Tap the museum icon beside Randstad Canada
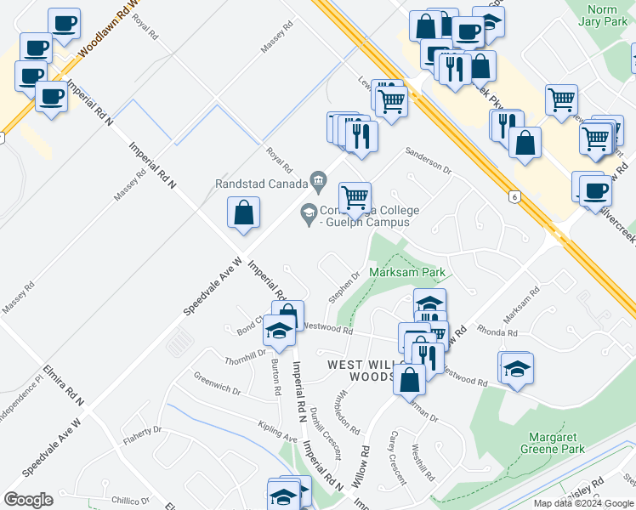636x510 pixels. [x=319, y=179]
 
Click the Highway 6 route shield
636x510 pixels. [x=514, y=197]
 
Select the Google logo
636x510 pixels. [x=28, y=500]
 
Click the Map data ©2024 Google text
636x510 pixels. [x=583, y=503]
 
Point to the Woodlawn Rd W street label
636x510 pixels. [x=107, y=34]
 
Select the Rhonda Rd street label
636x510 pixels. [x=497, y=332]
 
